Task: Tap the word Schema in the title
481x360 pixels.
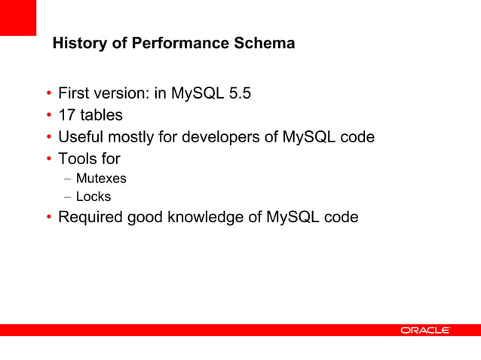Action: (263, 44)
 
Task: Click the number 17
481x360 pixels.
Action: (67, 116)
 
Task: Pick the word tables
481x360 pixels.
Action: (102, 116)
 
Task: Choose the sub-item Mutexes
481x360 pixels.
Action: (101, 179)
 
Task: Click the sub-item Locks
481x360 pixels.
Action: (93, 197)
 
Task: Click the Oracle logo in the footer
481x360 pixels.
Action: (425, 331)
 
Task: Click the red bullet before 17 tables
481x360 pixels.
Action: (48, 117)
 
